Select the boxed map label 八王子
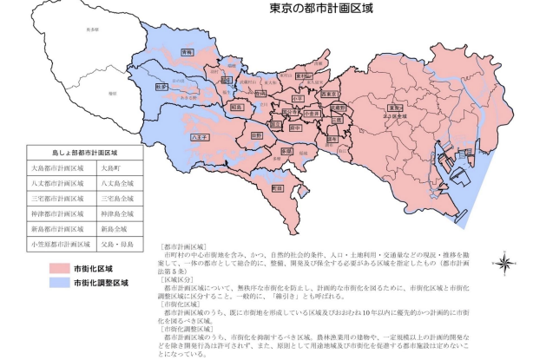[x=199, y=136]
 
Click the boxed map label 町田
[x=278, y=187]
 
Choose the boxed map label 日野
[x=256, y=135]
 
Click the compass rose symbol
[x=503, y=260]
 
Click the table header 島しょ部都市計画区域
[x=85, y=151]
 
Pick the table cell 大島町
[x=113, y=169]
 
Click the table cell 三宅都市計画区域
[x=58, y=199]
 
